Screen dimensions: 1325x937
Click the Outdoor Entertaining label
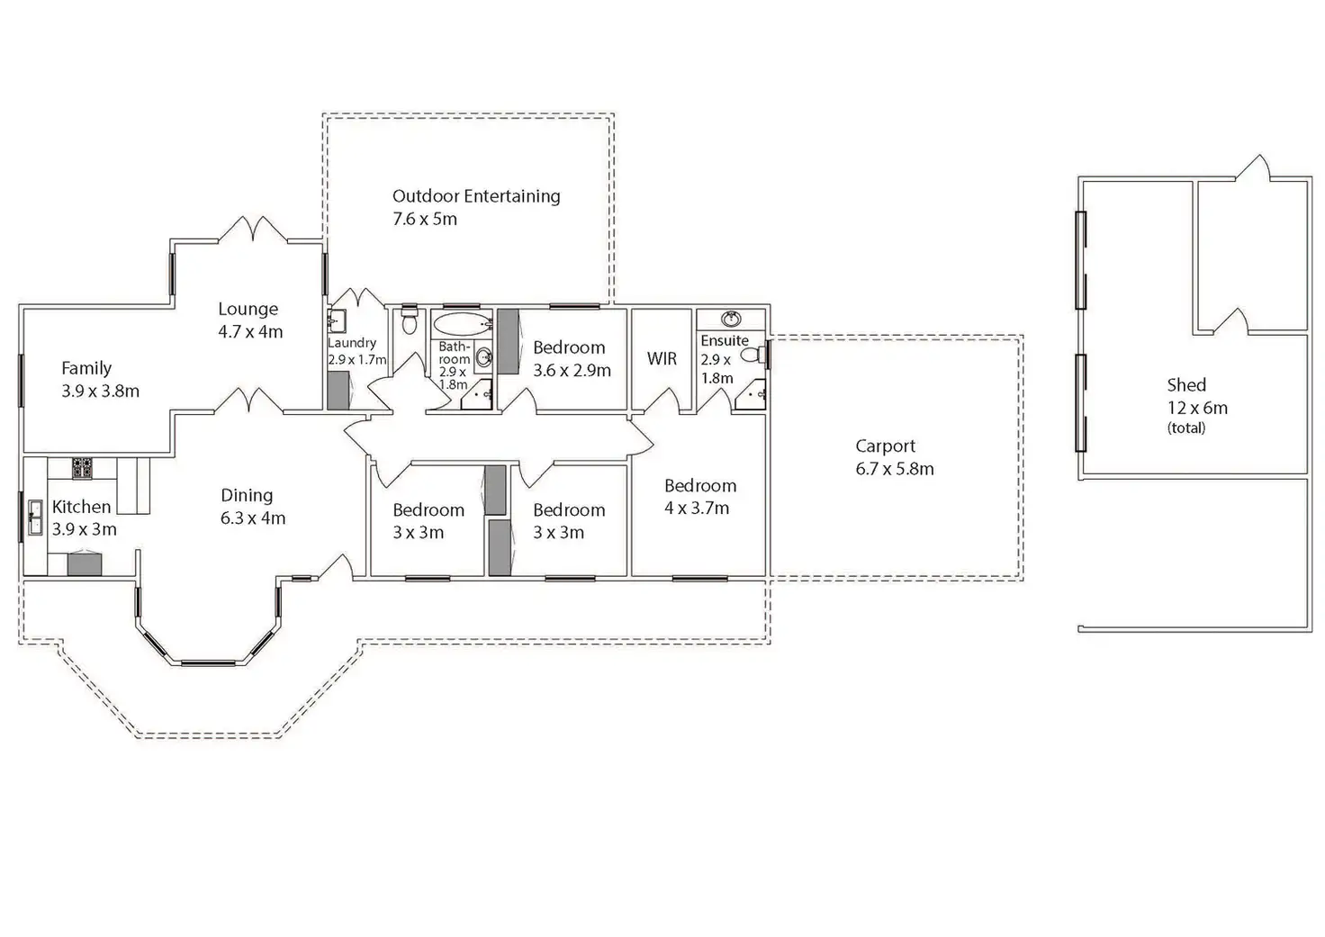coord(476,196)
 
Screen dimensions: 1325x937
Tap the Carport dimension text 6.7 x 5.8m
coord(894,469)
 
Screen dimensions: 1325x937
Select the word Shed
coord(1186,385)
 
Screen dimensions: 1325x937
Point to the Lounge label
coord(248,310)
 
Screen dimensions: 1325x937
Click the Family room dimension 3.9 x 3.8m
coord(100,392)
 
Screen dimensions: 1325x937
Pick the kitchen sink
coord(35,518)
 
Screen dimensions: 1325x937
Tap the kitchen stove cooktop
coord(83,468)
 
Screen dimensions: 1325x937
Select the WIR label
coord(662,359)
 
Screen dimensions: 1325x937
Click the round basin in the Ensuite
coord(731,319)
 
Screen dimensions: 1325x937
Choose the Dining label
coord(247,496)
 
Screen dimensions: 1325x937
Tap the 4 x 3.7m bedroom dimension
coord(697,509)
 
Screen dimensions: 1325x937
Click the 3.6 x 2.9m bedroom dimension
coord(572,370)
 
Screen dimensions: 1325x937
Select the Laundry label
coord(352,343)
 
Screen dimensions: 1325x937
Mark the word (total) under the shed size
coord(1186,428)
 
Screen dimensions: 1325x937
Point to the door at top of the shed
coord(1252,168)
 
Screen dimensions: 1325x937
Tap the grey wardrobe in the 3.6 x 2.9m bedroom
coord(509,341)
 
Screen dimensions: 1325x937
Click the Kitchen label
coord(82,508)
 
